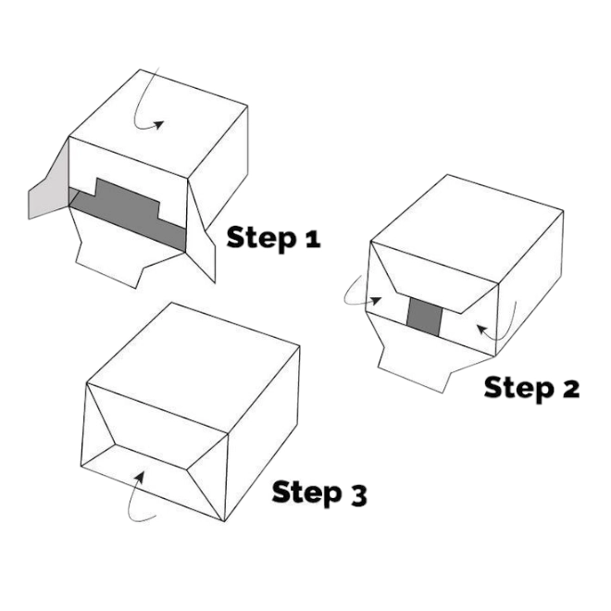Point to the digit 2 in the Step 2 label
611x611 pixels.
coord(568,389)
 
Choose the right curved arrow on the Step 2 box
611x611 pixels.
coord(495,333)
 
